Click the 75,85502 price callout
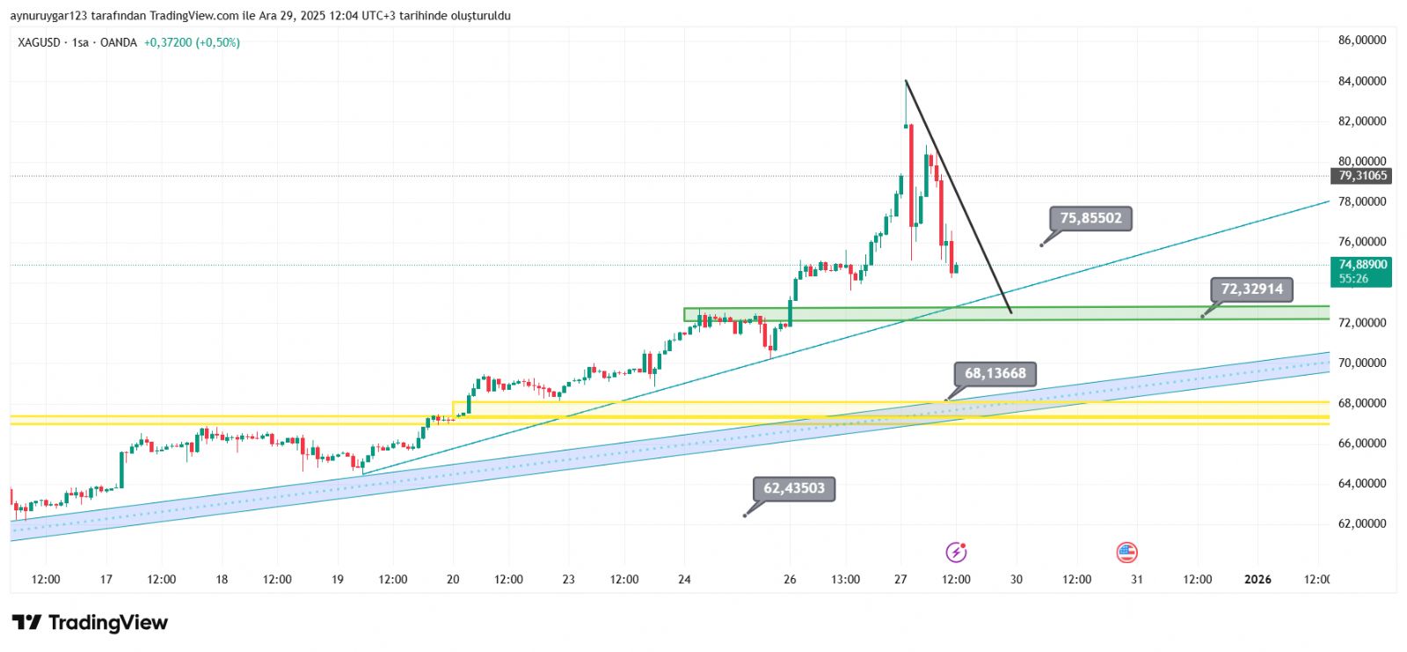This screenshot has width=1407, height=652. [x=1090, y=218]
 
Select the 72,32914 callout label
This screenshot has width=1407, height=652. [x=1251, y=289]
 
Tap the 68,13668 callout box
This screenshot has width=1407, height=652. [x=995, y=374]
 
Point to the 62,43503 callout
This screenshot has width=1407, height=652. [x=793, y=488]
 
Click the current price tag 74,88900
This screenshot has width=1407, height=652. [x=1362, y=265]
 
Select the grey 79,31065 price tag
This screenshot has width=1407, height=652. [x=1362, y=176]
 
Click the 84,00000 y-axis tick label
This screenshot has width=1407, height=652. [x=1361, y=81]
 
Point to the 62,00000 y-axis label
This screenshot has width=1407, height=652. [x=1361, y=524]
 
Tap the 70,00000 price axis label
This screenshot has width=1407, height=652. [x=1361, y=363]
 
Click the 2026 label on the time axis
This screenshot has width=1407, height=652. [x=1258, y=579]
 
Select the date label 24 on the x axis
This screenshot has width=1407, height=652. [x=684, y=579]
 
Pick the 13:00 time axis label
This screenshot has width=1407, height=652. [x=845, y=579]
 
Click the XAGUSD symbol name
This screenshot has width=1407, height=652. [x=40, y=42]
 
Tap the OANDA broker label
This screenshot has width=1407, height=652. [x=119, y=42]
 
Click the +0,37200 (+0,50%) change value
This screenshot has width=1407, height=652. [x=192, y=42]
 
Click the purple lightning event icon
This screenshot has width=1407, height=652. [x=956, y=553]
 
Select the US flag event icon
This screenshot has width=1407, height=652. [x=1126, y=553]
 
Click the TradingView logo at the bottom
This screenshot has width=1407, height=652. [x=90, y=623]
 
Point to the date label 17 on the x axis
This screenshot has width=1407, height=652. [x=106, y=579]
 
